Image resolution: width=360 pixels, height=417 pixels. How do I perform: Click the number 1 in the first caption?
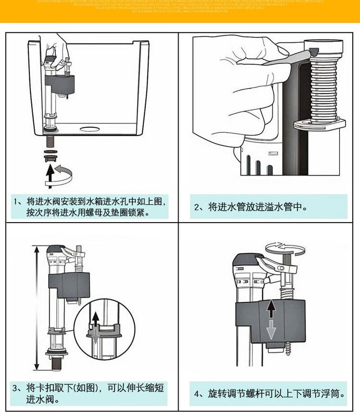point(16,201)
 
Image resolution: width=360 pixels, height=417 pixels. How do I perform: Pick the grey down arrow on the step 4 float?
point(271,331)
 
